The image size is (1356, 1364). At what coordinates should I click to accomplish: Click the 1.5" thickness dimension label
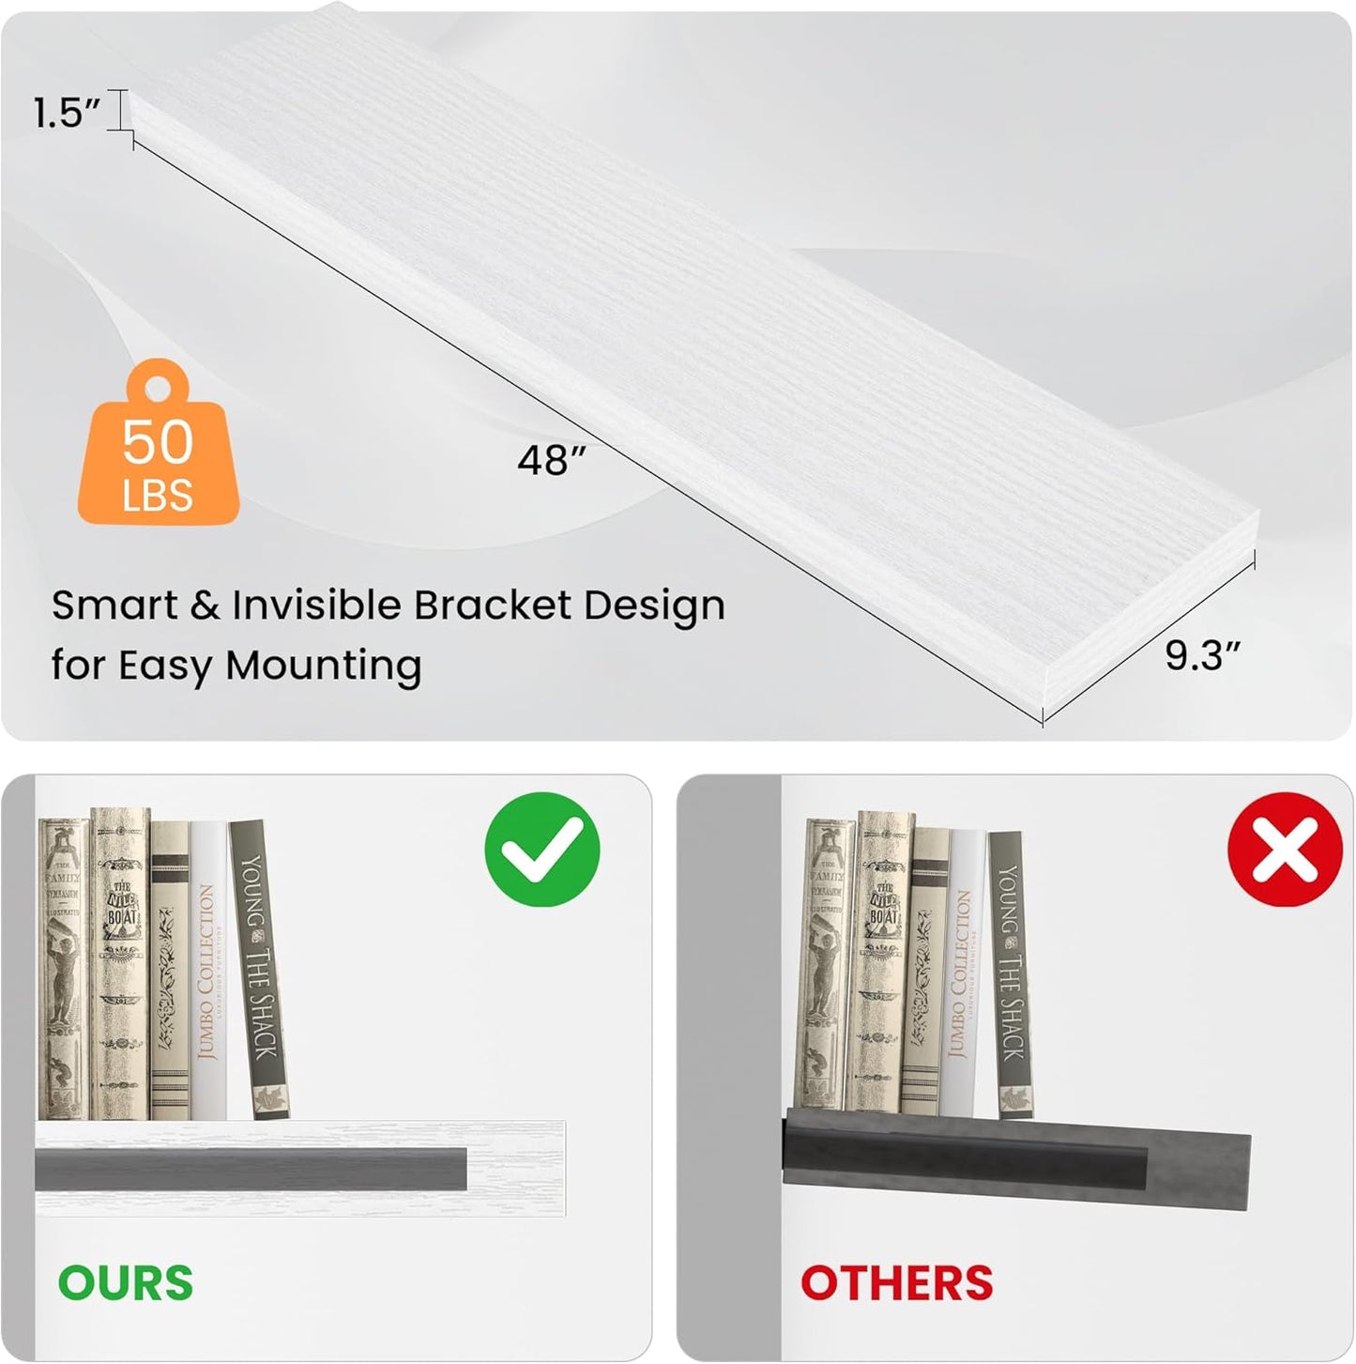pyautogui.click(x=66, y=114)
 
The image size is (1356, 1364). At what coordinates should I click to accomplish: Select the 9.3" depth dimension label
pyautogui.click(x=1202, y=654)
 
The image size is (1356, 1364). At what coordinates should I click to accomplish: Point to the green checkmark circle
pyautogui.click(x=541, y=850)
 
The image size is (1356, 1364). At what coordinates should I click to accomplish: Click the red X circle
pyautogui.click(x=1285, y=850)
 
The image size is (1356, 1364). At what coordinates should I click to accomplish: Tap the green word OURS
pyautogui.click(x=126, y=1282)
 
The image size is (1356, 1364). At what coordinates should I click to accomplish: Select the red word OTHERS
pyautogui.click(x=896, y=1282)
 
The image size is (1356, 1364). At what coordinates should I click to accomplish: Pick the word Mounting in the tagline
pyautogui.click(x=323, y=665)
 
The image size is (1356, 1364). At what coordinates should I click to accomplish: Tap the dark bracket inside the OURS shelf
pyautogui.click(x=251, y=1169)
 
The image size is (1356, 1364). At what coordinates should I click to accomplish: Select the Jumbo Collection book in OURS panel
pyautogui.click(x=208, y=972)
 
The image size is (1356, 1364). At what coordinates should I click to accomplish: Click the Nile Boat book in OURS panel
pyautogui.click(x=121, y=962)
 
